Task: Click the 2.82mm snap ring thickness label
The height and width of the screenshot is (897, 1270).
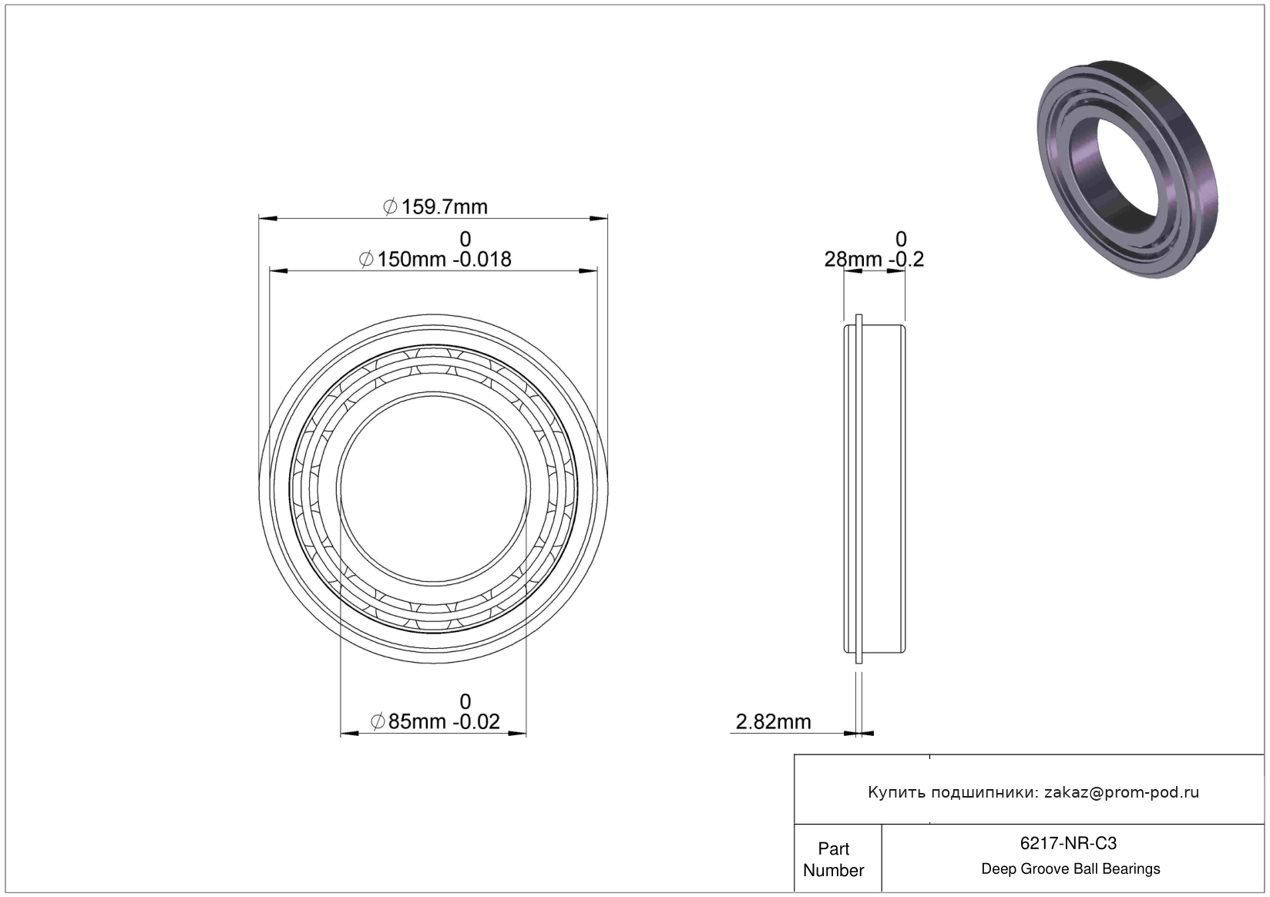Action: click(x=774, y=722)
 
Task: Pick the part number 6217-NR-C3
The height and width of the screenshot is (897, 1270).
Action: click(x=1069, y=843)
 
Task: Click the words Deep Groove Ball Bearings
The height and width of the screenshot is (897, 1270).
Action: click(x=1070, y=868)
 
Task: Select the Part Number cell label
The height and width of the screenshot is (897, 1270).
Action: click(x=834, y=859)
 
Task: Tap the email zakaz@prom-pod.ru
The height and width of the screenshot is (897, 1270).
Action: click(x=1121, y=792)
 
